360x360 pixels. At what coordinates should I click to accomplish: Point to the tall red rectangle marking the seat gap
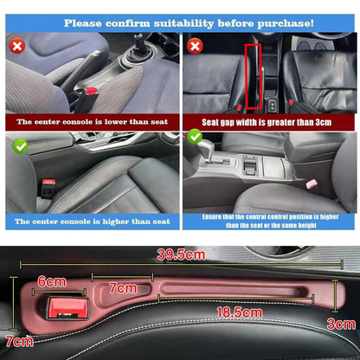coord(254,77)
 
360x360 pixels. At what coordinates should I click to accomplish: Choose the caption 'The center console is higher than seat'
coord(89,222)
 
